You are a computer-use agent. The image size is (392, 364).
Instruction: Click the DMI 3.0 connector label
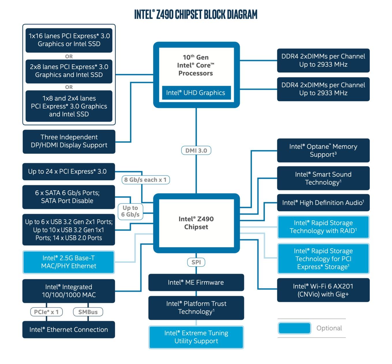click(196, 150)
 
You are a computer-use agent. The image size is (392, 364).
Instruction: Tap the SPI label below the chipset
click(196, 262)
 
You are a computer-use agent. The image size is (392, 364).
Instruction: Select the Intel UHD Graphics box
click(196, 93)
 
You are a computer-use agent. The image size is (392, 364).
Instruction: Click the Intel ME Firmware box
click(196, 282)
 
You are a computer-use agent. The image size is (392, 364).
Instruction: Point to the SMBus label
click(88, 312)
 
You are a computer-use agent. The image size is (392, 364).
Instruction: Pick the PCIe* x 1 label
click(46, 312)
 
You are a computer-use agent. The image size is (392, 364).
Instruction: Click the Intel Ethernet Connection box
click(69, 329)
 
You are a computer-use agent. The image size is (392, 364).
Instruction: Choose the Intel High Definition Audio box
click(323, 202)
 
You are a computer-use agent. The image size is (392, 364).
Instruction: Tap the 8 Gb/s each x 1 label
click(146, 180)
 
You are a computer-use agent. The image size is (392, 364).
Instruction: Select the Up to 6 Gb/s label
click(130, 211)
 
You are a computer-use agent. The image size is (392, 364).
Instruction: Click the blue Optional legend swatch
click(295, 328)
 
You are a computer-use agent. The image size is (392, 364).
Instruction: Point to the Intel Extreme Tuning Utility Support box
click(196, 337)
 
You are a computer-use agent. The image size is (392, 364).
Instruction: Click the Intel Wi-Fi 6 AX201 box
click(323, 290)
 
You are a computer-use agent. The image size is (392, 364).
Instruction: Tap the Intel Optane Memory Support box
click(323, 150)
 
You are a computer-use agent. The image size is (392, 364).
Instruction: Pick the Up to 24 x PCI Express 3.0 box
click(69, 172)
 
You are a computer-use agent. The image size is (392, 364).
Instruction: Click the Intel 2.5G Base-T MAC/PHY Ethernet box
click(69, 262)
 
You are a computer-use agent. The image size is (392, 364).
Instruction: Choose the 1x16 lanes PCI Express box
click(69, 40)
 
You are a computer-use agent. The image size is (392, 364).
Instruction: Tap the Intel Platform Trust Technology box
click(196, 308)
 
